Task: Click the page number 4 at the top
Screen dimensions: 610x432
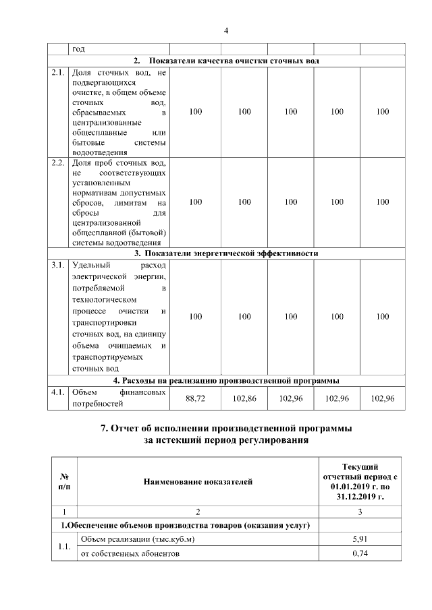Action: click(226, 30)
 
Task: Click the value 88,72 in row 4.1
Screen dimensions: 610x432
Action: click(195, 398)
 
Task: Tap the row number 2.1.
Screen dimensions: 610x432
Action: click(57, 71)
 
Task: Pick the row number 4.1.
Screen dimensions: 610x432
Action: click(57, 392)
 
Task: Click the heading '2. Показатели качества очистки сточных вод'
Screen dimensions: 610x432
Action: click(226, 61)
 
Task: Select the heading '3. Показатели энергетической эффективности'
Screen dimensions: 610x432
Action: click(226, 253)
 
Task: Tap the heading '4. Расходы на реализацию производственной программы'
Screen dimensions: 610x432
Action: click(226, 380)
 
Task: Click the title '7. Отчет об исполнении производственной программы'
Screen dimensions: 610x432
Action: click(226, 429)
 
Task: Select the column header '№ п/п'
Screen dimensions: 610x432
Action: click(64, 481)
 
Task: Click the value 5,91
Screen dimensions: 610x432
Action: click(360, 539)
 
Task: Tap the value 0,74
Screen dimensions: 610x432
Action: click(360, 553)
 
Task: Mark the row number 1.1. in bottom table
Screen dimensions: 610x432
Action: click(64, 547)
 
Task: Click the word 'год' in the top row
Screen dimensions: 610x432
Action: click(79, 49)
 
